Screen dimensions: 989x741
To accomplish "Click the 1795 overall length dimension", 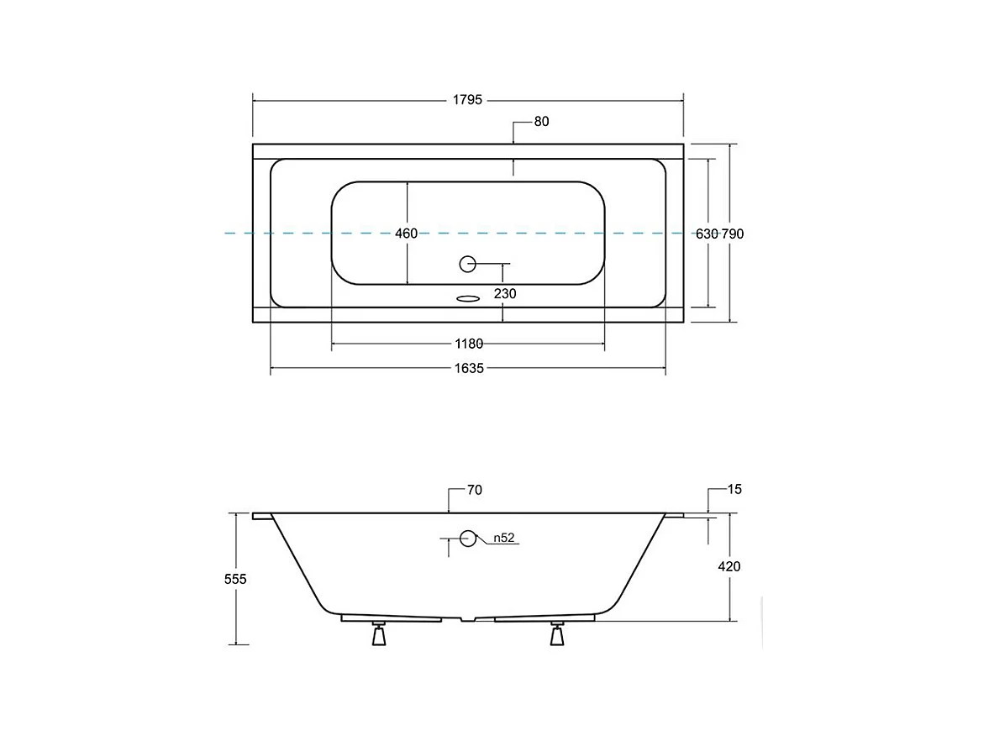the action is pos(467,100).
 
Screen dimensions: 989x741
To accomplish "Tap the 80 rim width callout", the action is pos(541,122).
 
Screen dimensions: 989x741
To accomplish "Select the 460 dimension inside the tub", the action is pos(406,234).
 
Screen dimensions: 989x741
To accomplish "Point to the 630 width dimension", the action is pos(707,234).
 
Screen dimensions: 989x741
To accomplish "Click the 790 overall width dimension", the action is pos(733,234).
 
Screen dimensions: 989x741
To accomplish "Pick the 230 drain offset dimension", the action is pos(505,293).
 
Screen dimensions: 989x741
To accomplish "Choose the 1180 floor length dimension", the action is pos(469,344).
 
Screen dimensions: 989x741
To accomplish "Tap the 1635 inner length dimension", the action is pos(469,368).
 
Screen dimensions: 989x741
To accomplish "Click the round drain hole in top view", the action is pos(467,265).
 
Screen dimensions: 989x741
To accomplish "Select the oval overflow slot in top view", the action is pos(468,299).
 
